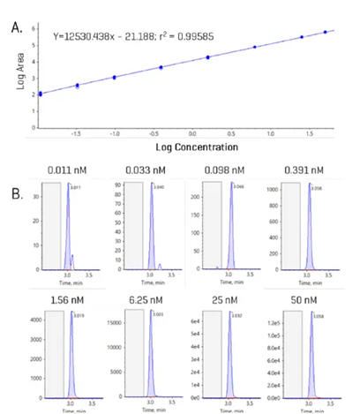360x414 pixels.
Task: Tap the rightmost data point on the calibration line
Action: click(x=325, y=32)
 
